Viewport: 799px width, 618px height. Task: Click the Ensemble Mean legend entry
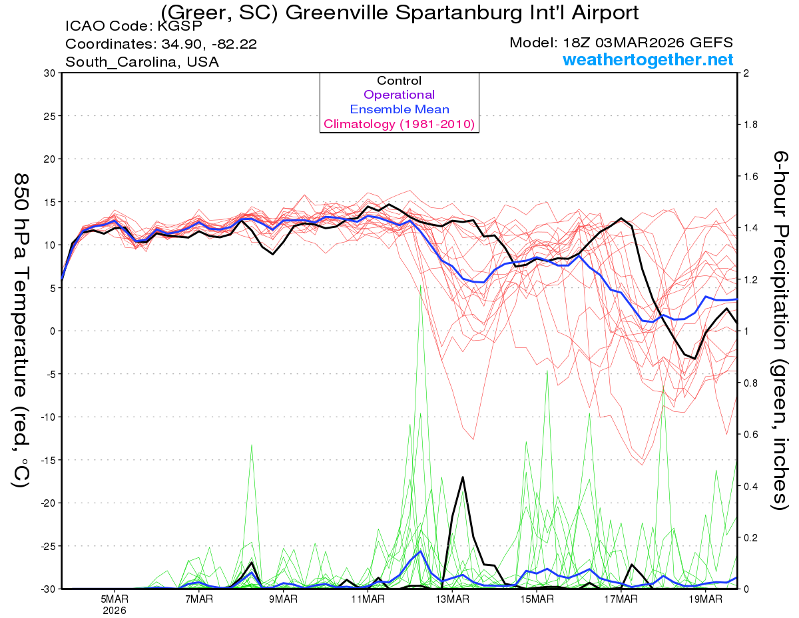(400, 109)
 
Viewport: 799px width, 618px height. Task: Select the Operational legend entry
(400, 95)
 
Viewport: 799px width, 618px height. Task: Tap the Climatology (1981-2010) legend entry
(400, 124)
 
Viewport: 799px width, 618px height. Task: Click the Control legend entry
(400, 81)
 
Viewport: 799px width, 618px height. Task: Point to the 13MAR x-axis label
(451, 599)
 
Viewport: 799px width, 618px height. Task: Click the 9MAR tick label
(283, 599)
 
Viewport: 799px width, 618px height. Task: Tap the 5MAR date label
(115, 599)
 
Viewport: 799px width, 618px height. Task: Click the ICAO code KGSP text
(133, 27)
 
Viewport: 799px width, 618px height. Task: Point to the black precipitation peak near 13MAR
(463, 477)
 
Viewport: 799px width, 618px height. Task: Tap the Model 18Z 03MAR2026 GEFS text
(621, 43)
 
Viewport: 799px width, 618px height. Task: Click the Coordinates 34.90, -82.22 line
(161, 45)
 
